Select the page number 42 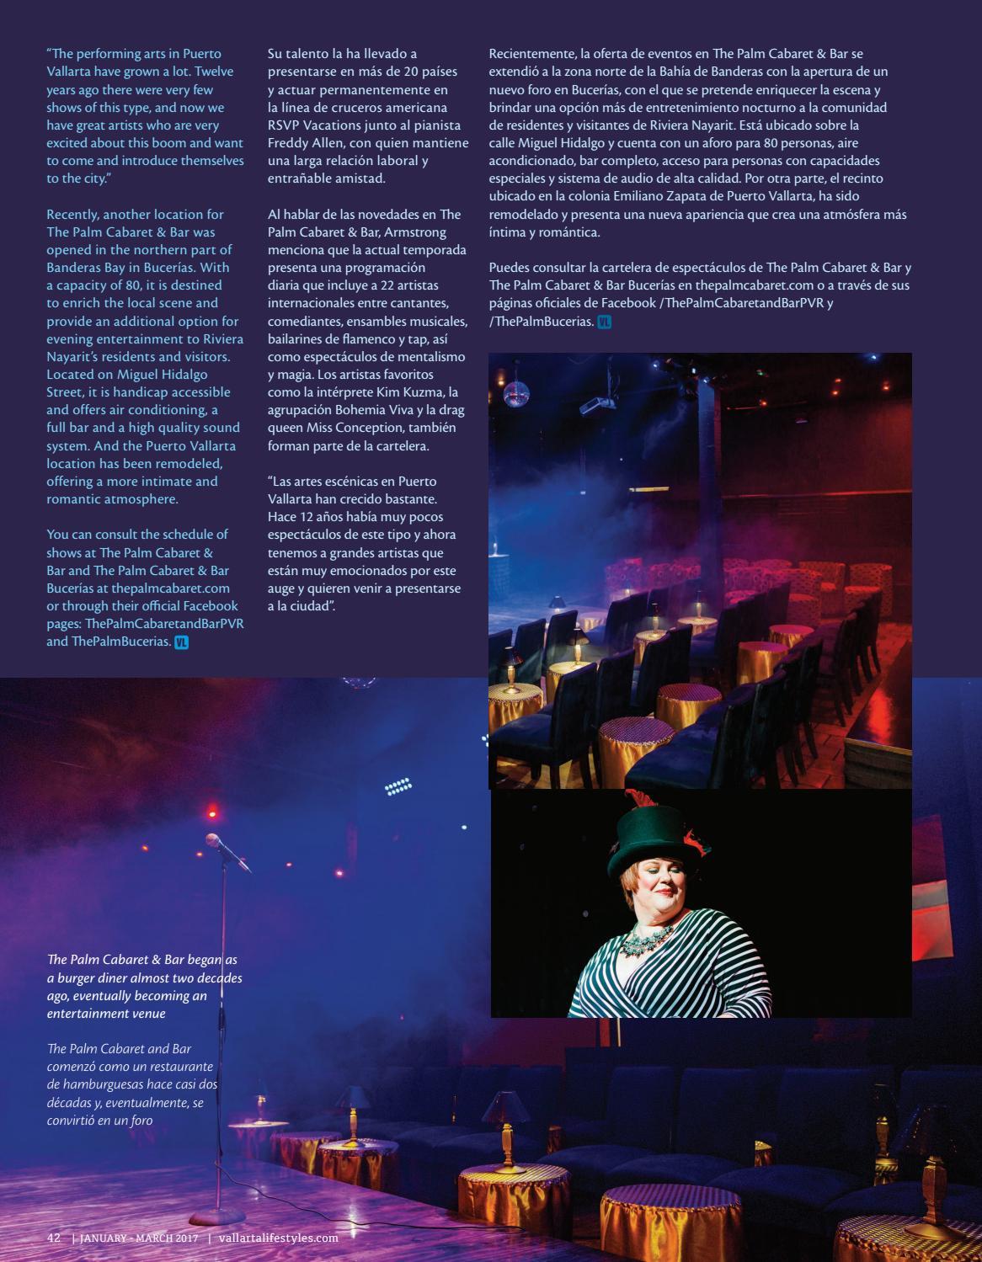[54, 1238]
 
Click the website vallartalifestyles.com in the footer [278, 1238]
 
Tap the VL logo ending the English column [181, 642]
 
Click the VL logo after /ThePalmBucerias [604, 322]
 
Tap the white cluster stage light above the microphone [398, 788]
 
